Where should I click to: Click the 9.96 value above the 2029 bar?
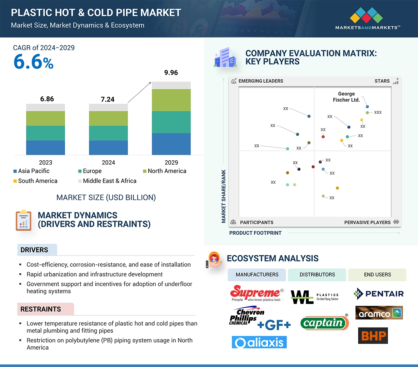click(x=171, y=73)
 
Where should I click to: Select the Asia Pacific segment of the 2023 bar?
click(x=45, y=147)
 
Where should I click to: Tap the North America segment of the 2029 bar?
click(x=171, y=100)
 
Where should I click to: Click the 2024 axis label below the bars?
click(x=108, y=162)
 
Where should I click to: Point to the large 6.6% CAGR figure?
click(x=33, y=62)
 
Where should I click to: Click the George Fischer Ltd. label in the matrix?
click(x=346, y=97)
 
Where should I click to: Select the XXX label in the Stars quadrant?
click(x=378, y=112)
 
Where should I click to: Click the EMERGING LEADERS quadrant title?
click(x=260, y=81)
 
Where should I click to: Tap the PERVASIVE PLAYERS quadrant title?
click(x=367, y=222)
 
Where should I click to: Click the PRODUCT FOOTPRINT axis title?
click(x=255, y=233)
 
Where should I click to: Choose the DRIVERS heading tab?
click(x=34, y=250)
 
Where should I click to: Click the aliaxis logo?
click(x=259, y=342)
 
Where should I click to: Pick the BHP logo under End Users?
click(x=373, y=336)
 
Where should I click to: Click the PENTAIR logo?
click(x=378, y=294)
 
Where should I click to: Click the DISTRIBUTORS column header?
click(x=317, y=275)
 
